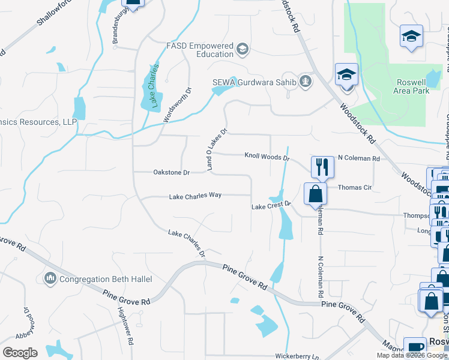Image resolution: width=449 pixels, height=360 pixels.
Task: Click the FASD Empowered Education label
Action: pos(199,50)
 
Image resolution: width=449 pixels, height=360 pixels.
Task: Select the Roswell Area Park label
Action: pos(412,86)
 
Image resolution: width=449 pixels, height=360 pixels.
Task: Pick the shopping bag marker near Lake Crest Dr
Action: pos(315,194)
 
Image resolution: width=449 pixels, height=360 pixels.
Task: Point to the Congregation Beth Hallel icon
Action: pos(50,278)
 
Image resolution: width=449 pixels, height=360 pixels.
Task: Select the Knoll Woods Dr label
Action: pos(267,157)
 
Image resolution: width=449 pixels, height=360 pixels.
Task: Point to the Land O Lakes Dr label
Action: pos(217,149)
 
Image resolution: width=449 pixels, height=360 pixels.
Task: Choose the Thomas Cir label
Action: pos(355,187)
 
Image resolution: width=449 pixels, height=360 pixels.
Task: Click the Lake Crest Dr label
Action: pos(271,206)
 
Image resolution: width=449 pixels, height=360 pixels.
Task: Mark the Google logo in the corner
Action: pos(20,353)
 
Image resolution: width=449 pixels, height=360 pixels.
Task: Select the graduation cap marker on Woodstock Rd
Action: pos(346,75)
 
